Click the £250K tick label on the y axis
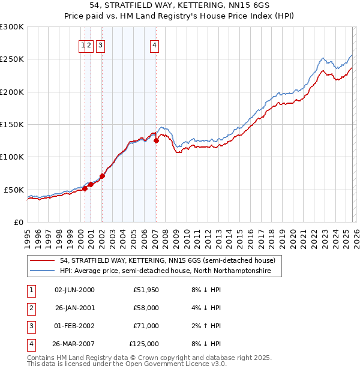(12, 59)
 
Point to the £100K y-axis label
(12, 157)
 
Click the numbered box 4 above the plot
(154, 44)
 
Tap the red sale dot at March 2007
(156, 140)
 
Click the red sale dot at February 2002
(102, 176)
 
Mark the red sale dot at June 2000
(85, 188)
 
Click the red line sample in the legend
(43, 261)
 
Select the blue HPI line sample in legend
(43, 271)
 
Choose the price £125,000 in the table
(144, 344)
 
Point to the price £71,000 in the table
(146, 326)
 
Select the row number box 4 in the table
(29, 344)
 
